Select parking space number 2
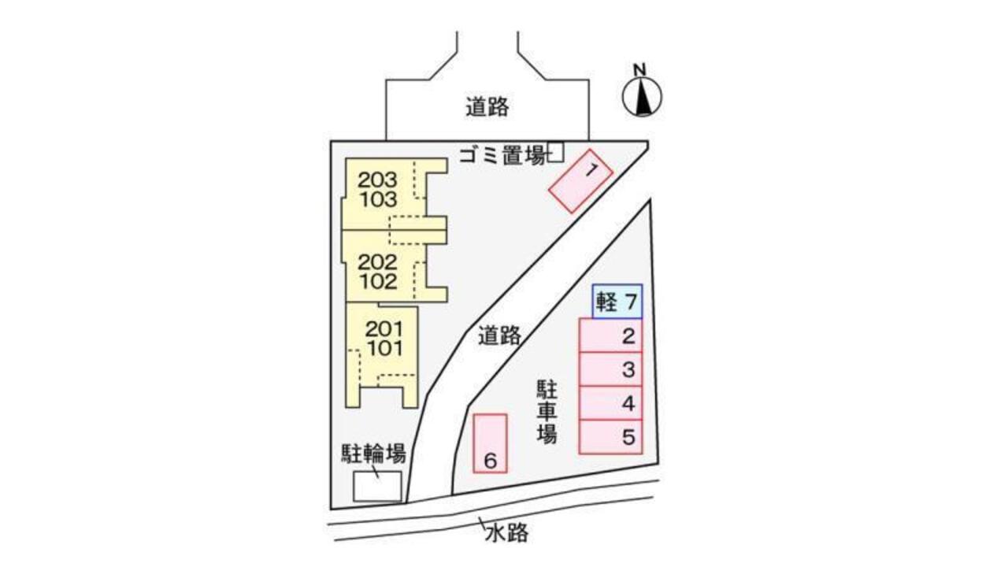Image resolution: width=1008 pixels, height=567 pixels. (611, 335)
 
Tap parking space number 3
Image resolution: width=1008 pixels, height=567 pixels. (611, 369)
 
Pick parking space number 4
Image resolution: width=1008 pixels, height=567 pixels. (611, 403)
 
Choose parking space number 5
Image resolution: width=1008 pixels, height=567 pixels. (611, 437)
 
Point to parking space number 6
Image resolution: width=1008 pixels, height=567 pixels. (490, 443)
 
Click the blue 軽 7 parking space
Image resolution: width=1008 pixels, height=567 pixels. (618, 302)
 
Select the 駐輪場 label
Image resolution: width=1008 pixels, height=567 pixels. (373, 454)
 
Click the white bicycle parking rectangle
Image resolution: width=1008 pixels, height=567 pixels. (376, 486)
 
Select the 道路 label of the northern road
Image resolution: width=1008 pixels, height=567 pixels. (487, 106)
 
